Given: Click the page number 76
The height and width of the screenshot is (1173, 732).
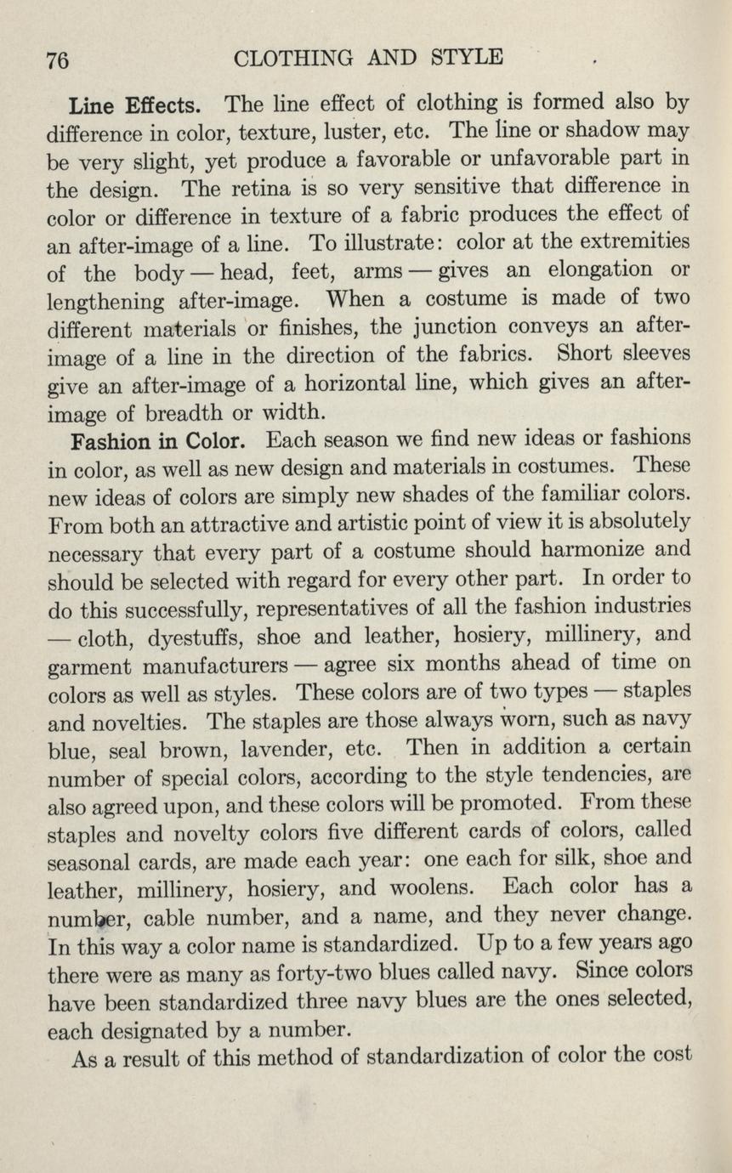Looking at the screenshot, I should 57,60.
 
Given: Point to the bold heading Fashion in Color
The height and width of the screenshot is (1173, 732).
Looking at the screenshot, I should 159,442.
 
